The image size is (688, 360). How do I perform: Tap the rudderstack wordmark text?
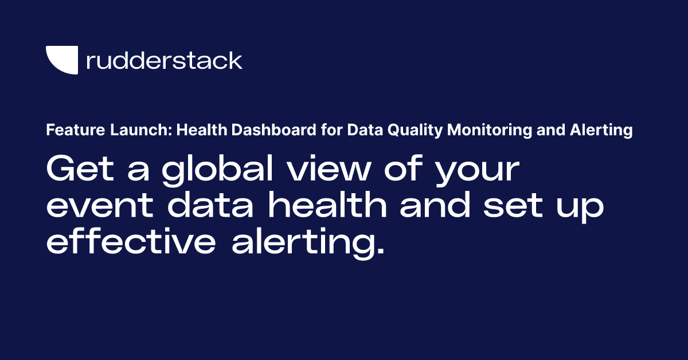[164, 60]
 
